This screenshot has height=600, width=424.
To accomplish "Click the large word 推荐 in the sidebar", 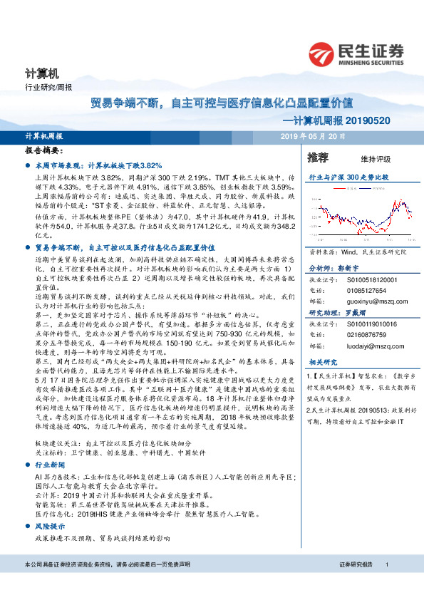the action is coord(318,157).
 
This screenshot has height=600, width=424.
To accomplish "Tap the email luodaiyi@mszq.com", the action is coord(366,346).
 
